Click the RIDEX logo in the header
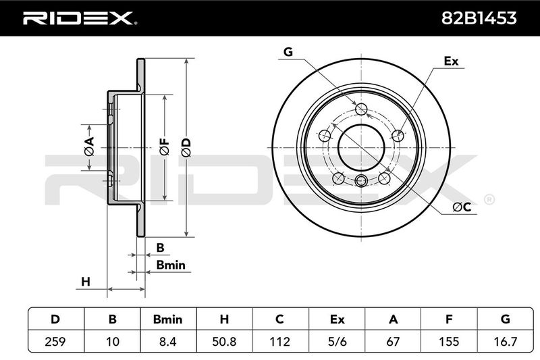click(x=78, y=18)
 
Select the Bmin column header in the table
click(x=167, y=319)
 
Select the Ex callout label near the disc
click(x=450, y=61)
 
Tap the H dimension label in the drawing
click(x=86, y=281)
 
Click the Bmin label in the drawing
click(x=170, y=265)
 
